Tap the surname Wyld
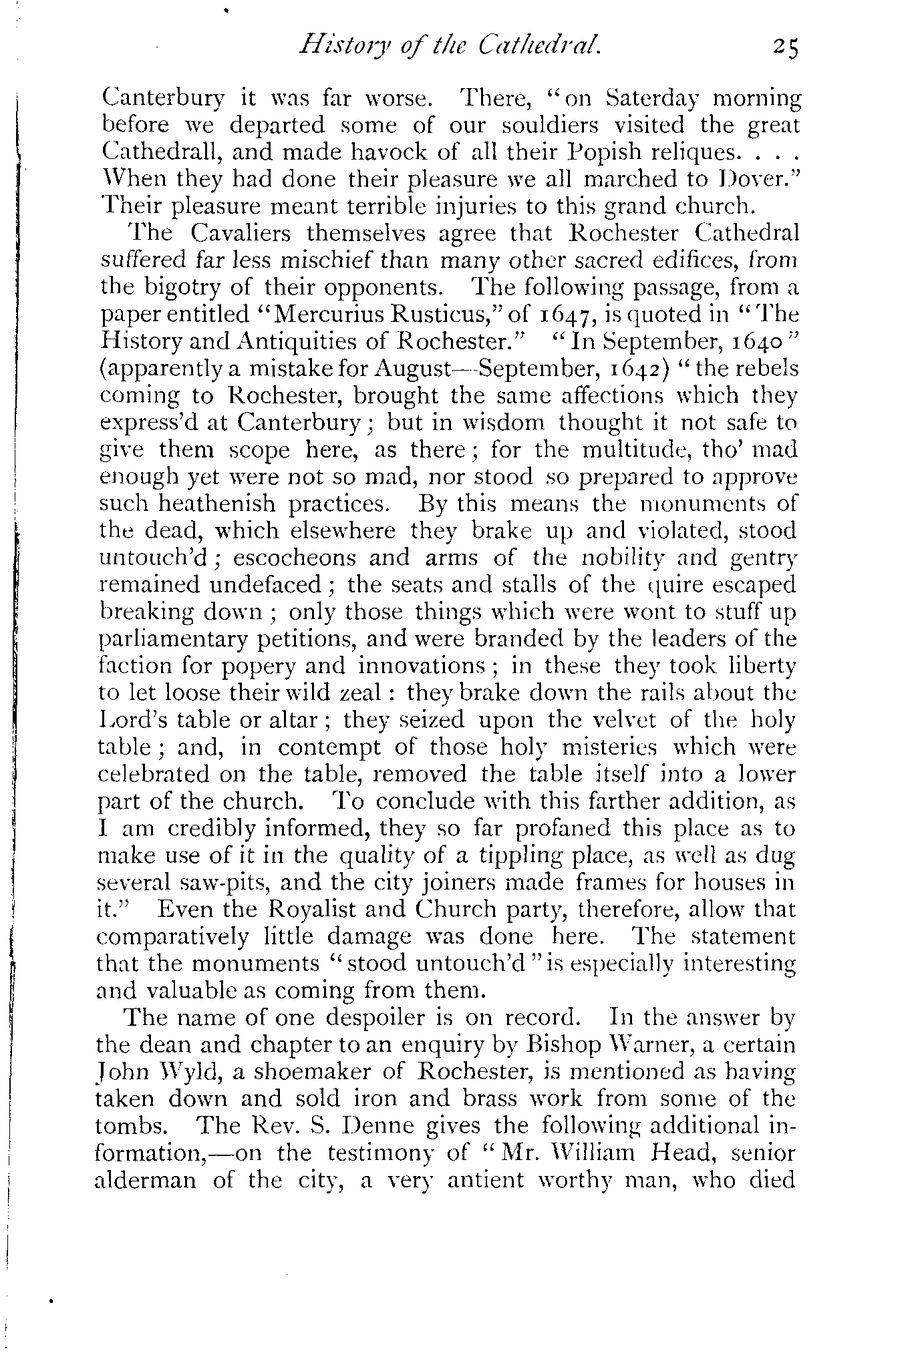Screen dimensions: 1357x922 tap(180, 1072)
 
